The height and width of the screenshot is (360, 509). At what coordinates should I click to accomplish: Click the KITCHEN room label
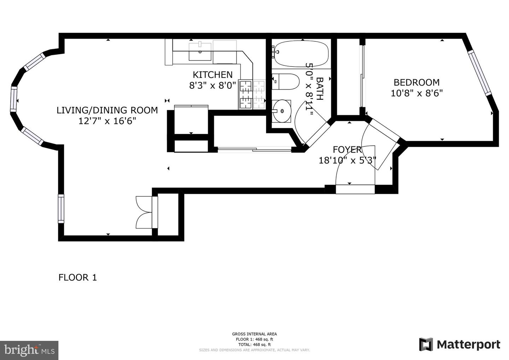tap(212, 75)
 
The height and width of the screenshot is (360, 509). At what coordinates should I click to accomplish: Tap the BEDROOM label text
tap(416, 82)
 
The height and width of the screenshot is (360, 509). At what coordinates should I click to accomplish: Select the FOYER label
tap(347, 150)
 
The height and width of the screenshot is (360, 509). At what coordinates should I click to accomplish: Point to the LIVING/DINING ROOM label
tap(107, 110)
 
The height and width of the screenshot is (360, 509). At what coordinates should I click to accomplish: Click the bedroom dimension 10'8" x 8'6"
tap(416, 93)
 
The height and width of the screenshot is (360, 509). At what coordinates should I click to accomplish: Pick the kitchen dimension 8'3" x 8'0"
tap(212, 86)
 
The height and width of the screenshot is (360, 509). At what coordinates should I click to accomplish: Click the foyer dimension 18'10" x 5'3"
tap(347, 161)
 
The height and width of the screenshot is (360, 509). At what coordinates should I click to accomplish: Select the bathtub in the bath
tap(302, 54)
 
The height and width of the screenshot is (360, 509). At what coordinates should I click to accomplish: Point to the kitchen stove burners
tap(252, 94)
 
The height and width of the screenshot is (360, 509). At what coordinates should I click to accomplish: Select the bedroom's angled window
tap(480, 73)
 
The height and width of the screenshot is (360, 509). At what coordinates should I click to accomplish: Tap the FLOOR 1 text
tap(77, 278)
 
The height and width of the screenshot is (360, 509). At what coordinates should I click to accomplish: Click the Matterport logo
tap(460, 344)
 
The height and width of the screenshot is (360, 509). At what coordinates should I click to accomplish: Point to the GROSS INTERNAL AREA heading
tap(254, 334)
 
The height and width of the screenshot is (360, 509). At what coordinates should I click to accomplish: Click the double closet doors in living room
tap(144, 212)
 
